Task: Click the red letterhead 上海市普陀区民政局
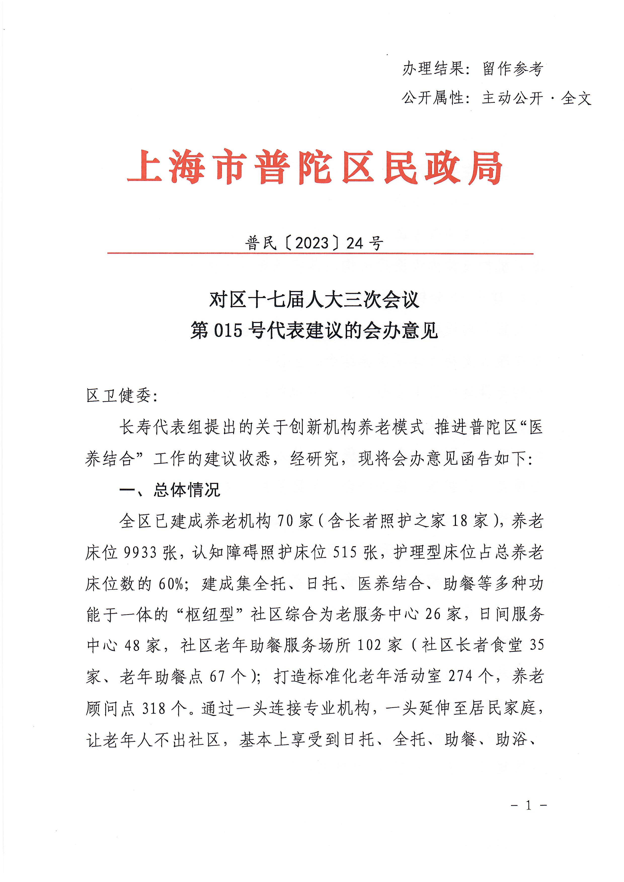[x=315, y=168]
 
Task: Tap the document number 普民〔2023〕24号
[x=314, y=243]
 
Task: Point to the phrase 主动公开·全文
[x=536, y=98]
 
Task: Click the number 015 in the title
[x=228, y=330]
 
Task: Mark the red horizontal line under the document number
[x=320, y=254]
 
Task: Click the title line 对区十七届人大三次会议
[x=314, y=300]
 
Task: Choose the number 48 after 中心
[x=132, y=646]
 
